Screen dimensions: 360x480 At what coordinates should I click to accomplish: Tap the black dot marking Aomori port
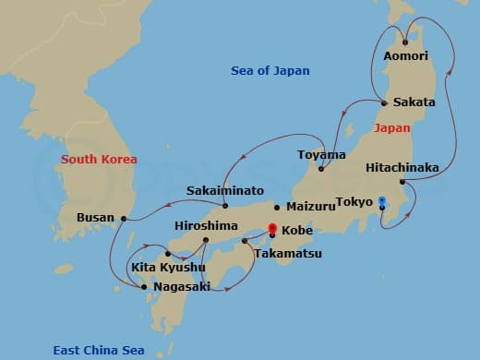(x=405, y=42)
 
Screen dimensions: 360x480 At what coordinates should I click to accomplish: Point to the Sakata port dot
(x=384, y=102)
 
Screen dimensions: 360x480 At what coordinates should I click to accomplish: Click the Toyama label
(x=321, y=154)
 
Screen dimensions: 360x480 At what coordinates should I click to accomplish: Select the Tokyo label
(x=354, y=201)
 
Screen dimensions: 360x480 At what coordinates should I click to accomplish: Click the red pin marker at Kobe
(x=271, y=228)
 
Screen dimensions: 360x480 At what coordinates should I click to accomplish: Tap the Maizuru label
(x=311, y=207)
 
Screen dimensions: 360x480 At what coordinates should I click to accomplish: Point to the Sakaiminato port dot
(x=225, y=205)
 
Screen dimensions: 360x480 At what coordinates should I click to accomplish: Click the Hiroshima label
(x=205, y=225)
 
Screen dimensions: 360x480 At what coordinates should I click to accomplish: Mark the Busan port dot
(x=124, y=219)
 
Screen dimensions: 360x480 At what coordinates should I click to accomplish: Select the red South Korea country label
(x=99, y=160)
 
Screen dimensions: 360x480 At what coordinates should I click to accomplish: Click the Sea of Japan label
(x=270, y=71)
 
